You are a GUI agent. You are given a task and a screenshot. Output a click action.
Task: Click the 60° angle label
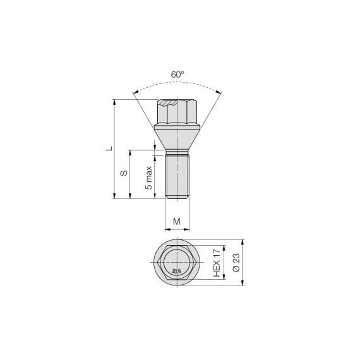[x=177, y=75]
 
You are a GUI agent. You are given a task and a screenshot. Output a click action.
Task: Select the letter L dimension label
[x=109, y=148]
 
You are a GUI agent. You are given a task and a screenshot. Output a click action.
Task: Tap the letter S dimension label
[x=124, y=173]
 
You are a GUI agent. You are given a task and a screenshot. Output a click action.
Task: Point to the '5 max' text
[x=149, y=177]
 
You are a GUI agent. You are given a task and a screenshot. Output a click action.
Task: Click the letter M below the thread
[x=177, y=222]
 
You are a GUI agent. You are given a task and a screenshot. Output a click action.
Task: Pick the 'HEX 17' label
[x=217, y=263]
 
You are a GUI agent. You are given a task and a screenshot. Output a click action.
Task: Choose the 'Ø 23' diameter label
[x=236, y=263]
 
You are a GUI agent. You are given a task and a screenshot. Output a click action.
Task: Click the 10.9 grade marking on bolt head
[x=176, y=272]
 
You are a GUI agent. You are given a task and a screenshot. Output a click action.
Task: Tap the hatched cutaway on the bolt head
[x=168, y=102]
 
